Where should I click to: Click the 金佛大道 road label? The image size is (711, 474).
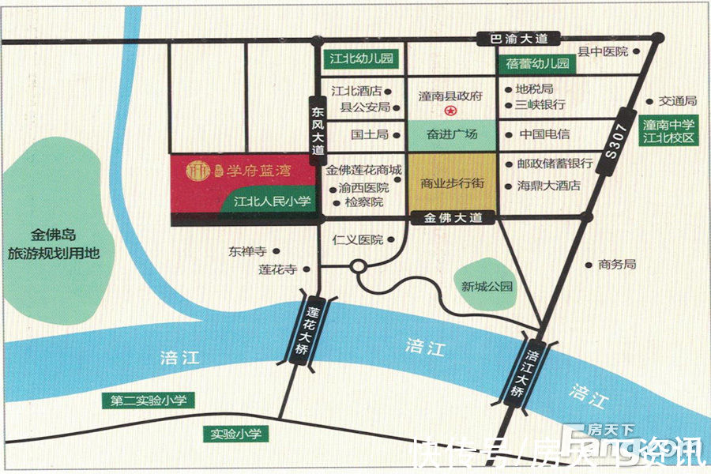click(x=453, y=219)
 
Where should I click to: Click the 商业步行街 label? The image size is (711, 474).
click(x=452, y=182)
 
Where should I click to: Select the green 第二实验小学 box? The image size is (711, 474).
click(x=149, y=401)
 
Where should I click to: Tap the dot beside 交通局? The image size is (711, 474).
click(x=649, y=101)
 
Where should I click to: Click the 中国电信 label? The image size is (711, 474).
click(x=544, y=134)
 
